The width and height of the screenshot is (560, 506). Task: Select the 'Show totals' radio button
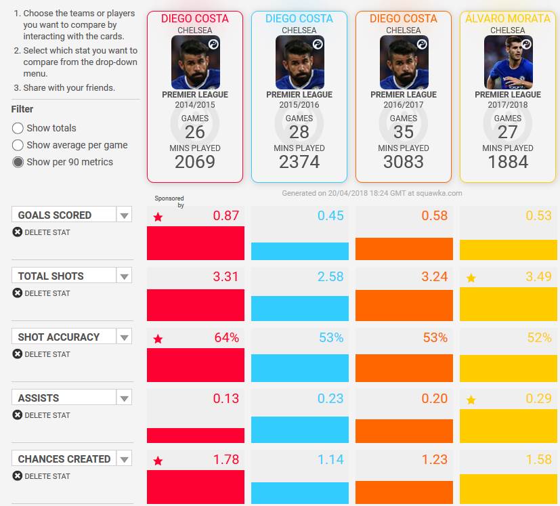coord(18,128)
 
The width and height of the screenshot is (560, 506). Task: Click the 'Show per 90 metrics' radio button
coord(18,162)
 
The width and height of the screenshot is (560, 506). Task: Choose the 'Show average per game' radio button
coord(18,145)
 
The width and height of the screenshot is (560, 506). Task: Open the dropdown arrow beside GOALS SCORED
coord(124,215)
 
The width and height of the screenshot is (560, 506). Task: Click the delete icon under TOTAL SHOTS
coord(17,293)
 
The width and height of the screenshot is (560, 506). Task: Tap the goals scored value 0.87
coord(225,215)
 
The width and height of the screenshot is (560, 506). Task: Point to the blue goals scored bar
coord(300,251)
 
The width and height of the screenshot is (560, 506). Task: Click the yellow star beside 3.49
coord(471,278)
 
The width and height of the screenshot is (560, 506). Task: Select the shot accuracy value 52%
coord(539,337)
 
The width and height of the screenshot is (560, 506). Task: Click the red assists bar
coord(196,436)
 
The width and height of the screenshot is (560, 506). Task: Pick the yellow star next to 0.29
coord(471,400)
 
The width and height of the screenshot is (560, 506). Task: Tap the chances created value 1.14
coord(330,459)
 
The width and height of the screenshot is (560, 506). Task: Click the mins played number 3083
coord(404,162)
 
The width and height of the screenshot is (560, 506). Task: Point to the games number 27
coord(507,132)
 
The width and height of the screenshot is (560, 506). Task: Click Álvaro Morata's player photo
coord(509,62)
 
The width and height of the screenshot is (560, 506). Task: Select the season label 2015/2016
coord(299,105)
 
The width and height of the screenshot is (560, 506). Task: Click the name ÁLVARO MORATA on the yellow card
coord(508,18)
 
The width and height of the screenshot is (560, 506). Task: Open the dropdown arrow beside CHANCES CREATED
coord(124,459)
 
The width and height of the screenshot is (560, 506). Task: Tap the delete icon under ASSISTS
coord(17,415)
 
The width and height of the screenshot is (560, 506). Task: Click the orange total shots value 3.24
coord(434,276)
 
